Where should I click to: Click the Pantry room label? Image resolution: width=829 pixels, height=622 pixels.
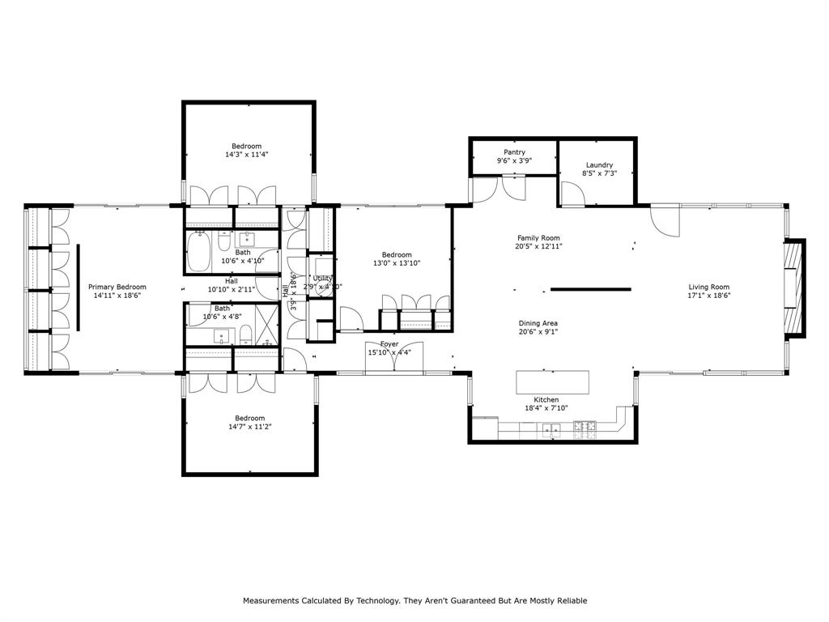coord(514,152)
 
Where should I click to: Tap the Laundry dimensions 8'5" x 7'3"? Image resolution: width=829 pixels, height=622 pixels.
coord(599,173)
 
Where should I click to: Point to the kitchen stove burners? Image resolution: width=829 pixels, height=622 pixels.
coord(585,426)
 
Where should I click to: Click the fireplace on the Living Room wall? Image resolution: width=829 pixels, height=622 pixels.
coord(795,288)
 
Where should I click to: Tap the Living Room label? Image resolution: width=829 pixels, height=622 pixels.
coord(709,287)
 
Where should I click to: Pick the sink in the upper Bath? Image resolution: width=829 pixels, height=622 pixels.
coord(246,239)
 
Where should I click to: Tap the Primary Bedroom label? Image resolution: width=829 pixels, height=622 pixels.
coord(117,287)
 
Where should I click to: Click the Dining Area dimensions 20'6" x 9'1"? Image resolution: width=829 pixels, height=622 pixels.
coord(538,333)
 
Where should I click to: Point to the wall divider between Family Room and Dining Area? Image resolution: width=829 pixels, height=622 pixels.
coord(591,289)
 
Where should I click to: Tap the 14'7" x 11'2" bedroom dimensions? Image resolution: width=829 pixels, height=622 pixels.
coord(249,427)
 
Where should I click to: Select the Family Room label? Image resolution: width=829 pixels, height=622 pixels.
coord(539,238)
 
